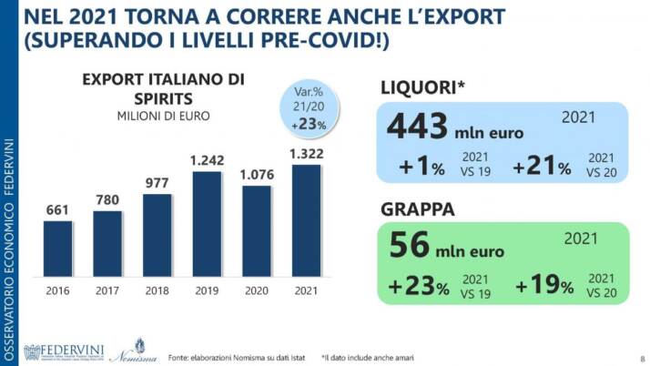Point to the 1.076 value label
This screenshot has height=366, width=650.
[256, 174]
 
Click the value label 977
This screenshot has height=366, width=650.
[157, 182]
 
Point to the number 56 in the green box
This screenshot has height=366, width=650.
[410, 246]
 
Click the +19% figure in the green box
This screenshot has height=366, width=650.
[543, 287]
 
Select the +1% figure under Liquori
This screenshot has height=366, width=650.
[421, 167]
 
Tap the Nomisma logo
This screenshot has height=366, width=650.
[140, 351]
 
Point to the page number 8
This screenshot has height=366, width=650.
[640, 358]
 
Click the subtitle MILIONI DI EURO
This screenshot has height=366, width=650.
[163, 116]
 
